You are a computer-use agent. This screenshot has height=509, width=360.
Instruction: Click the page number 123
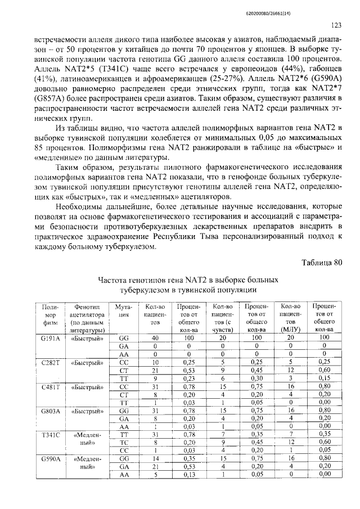pos(336,24)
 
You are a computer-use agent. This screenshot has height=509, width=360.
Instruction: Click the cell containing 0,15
pos(325,378)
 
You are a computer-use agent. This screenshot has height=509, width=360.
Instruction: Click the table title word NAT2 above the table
pos(198,280)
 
